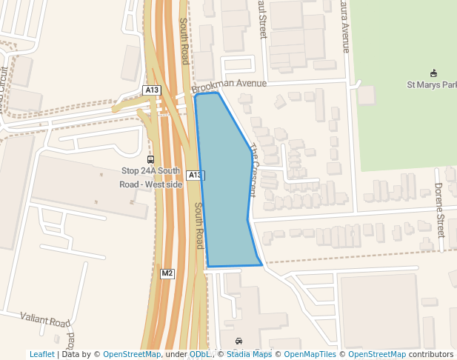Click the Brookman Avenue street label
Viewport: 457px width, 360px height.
[x=229, y=87]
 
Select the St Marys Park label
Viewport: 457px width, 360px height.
[x=432, y=84]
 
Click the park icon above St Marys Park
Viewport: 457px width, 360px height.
[x=434, y=73]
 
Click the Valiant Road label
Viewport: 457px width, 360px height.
[x=45, y=320]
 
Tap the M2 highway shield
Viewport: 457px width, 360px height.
[x=167, y=273]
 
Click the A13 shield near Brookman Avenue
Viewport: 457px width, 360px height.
[x=152, y=90]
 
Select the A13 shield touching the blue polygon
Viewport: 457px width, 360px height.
[x=194, y=175]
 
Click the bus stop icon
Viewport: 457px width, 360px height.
[x=151, y=159]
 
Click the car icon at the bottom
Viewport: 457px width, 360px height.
[x=238, y=341]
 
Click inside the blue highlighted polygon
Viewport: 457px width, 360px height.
[x=225, y=193]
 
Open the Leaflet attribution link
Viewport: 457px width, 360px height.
[x=41, y=354]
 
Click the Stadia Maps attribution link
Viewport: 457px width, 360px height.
[x=249, y=354]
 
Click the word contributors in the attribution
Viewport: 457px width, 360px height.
[x=430, y=354]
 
